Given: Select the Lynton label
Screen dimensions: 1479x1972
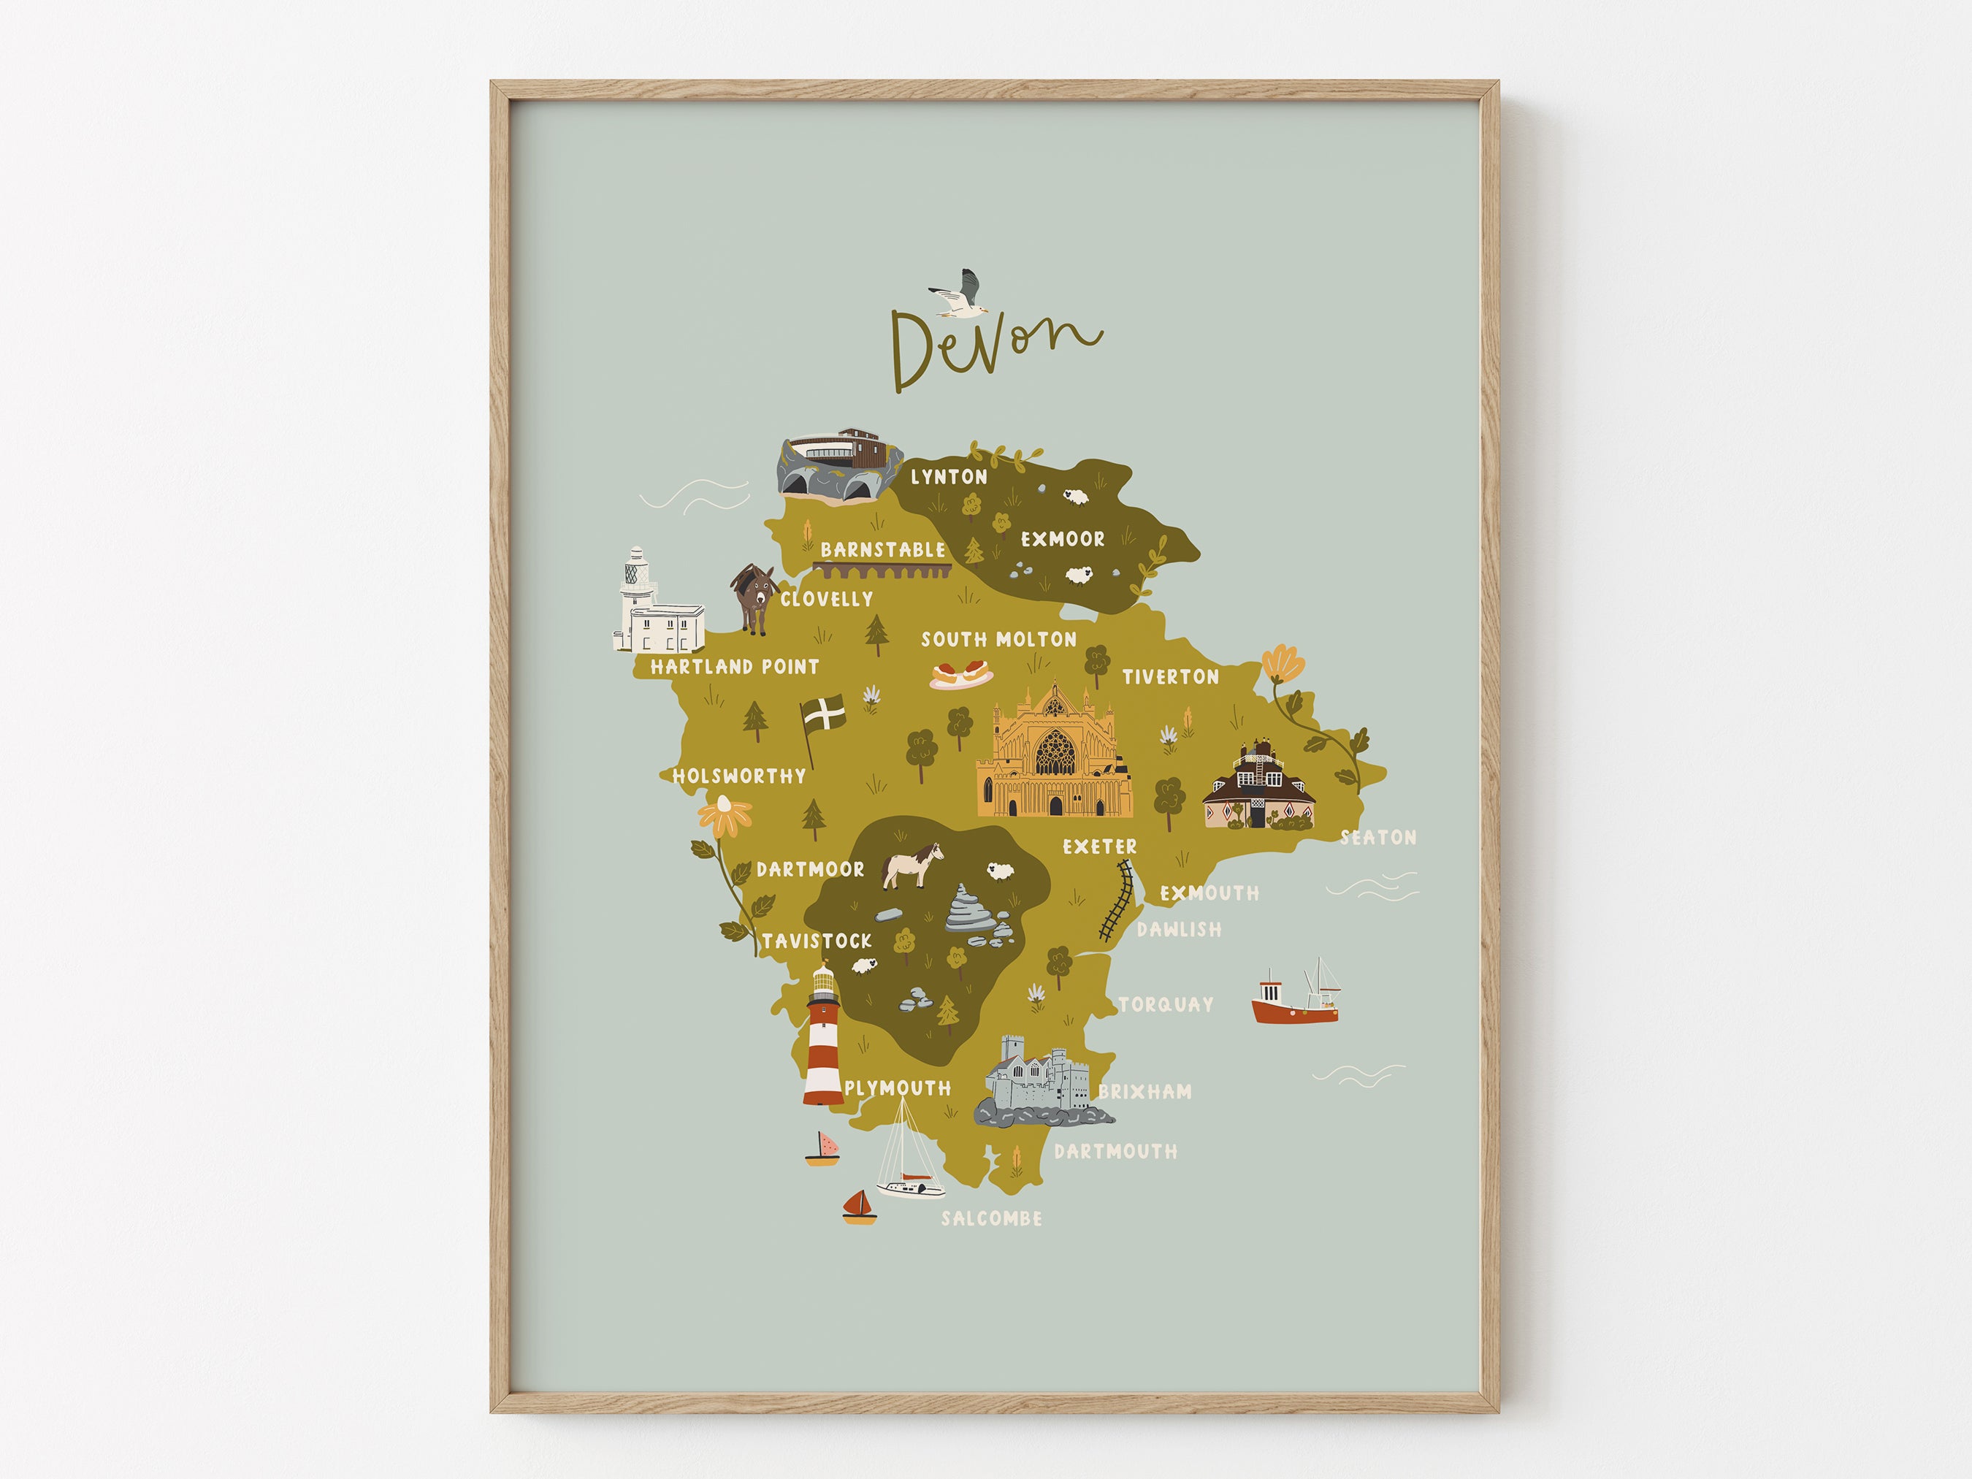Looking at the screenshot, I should (949, 477).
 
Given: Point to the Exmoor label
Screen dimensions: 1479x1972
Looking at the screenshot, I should (1062, 538).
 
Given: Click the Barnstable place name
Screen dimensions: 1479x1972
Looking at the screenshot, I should (882, 549).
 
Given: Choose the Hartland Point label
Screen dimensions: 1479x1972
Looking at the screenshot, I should (734, 666).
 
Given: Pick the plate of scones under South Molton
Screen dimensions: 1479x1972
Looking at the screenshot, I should (961, 673).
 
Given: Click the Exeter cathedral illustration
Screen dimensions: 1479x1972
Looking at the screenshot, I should (1054, 754).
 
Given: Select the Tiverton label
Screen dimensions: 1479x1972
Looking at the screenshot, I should (1169, 676).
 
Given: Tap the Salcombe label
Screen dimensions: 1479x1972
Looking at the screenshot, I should (991, 1218).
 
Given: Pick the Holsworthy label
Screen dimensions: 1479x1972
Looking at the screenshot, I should (738, 776).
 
